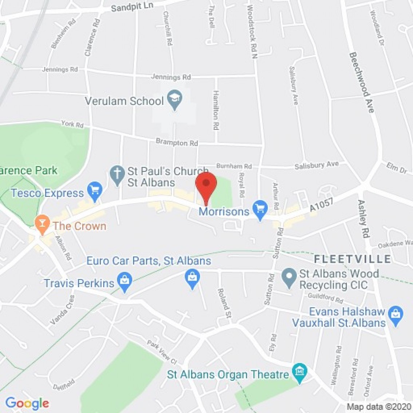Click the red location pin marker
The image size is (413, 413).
[206, 185]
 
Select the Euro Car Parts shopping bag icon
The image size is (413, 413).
[192, 278]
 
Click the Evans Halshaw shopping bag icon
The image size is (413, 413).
[396, 314]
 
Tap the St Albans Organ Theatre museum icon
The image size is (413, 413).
[300, 372]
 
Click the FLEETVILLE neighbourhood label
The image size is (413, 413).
[353, 259]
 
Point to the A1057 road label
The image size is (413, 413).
[322, 206]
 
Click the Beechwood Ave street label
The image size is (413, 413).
[362, 82]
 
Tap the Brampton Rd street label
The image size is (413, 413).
[177, 142]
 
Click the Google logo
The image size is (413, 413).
[27, 403]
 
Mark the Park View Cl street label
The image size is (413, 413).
[162, 352]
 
